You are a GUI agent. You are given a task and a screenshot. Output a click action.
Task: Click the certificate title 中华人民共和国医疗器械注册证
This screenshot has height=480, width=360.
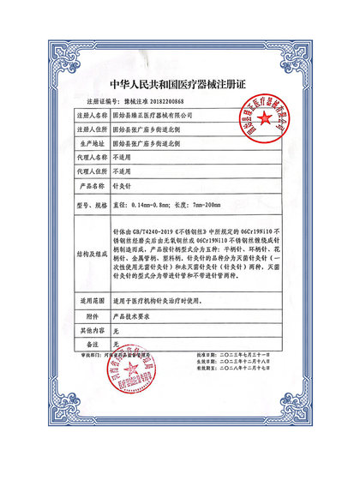point(180,85)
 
